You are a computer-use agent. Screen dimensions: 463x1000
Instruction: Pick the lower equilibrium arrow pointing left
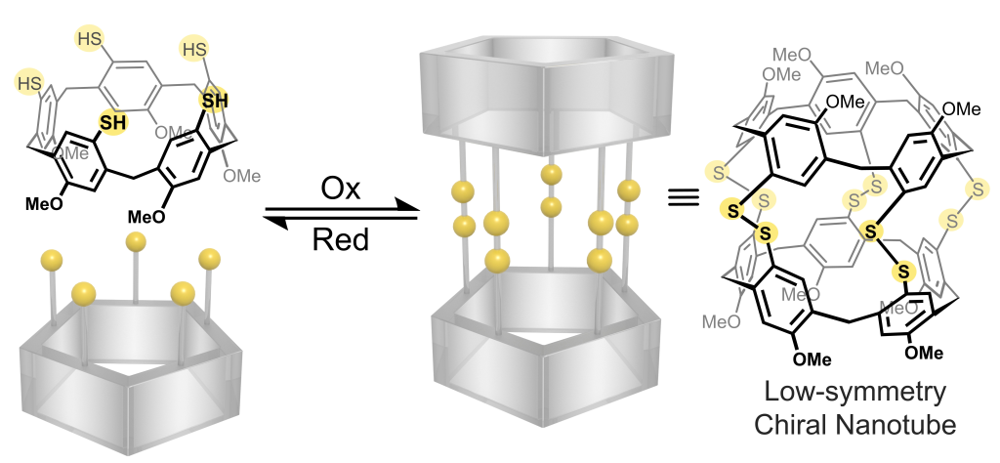tap(337, 220)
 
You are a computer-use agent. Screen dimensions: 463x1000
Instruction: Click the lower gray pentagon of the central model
tap(547, 352)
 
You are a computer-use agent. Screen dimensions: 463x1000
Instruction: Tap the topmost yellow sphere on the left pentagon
tap(137, 241)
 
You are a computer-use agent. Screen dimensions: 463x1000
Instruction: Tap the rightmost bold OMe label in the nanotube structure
tap(961, 109)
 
